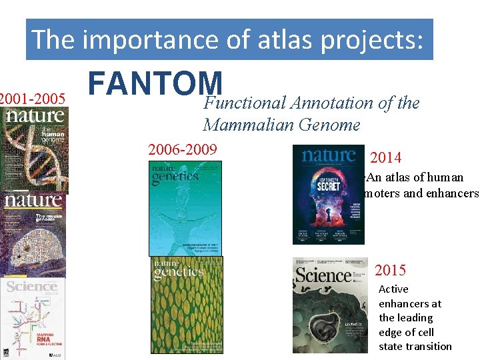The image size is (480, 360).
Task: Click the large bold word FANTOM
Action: [x=155, y=84]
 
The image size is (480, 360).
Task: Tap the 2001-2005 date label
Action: [x=33, y=99]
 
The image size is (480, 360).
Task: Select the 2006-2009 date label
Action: [x=183, y=149]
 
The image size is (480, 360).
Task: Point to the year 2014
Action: [x=385, y=158]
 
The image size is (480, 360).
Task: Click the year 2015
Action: [x=390, y=270]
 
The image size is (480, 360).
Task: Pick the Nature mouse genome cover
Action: [x=33, y=233]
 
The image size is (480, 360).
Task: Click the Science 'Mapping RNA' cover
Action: [x=33, y=319]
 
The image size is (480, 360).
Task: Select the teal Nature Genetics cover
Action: [x=185, y=208]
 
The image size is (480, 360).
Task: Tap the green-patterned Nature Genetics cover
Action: [x=187, y=305]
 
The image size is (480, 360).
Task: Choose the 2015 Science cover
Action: [x=329, y=305]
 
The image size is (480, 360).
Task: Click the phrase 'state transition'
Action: [x=415, y=346]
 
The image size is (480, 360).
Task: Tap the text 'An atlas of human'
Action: [x=415, y=177]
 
